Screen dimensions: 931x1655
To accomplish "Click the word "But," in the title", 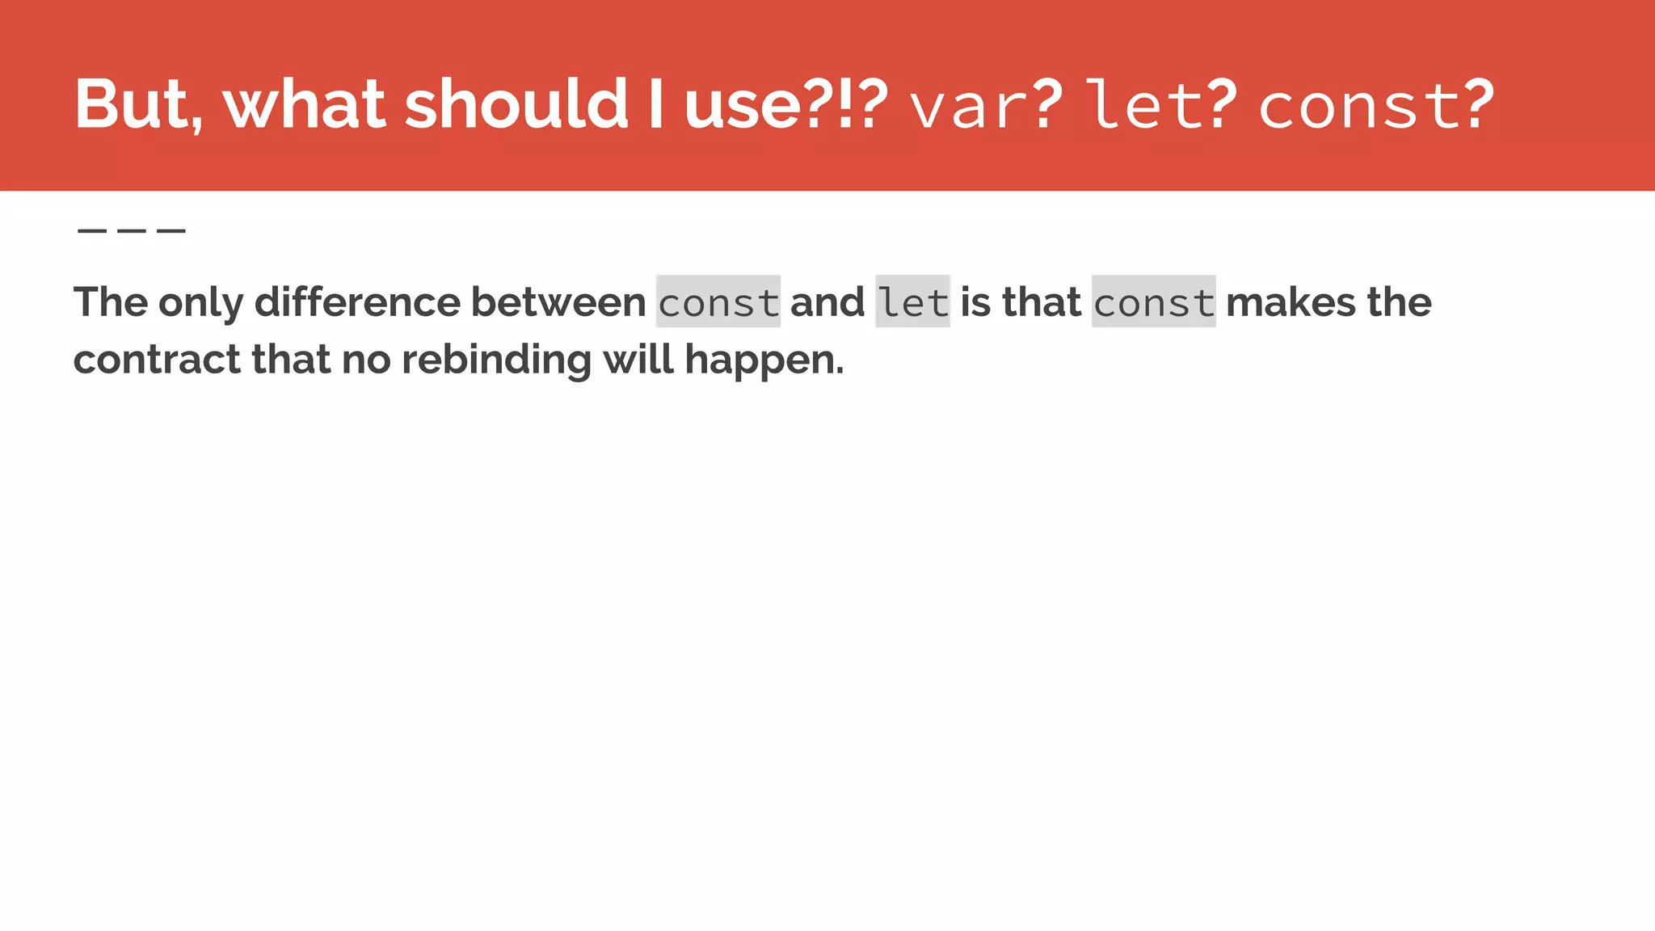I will pos(138,104).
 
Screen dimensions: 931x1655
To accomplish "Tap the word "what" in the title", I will pos(304,104).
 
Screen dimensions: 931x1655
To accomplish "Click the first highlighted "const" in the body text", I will pos(718,302).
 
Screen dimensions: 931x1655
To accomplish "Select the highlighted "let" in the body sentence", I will pos(912,302).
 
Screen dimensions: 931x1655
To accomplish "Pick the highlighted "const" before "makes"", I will pos(1153,302).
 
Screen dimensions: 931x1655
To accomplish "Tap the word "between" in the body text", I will pos(558,302).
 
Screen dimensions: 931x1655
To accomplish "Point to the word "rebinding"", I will pos(496,359).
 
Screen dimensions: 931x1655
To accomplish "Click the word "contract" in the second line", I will pos(157,359).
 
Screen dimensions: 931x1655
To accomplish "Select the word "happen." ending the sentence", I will pos(764,360).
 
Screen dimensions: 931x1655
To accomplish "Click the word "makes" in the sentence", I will pos(1291,302).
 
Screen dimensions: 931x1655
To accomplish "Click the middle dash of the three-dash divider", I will pos(131,231).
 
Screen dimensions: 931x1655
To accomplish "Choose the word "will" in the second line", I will pos(638,359).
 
